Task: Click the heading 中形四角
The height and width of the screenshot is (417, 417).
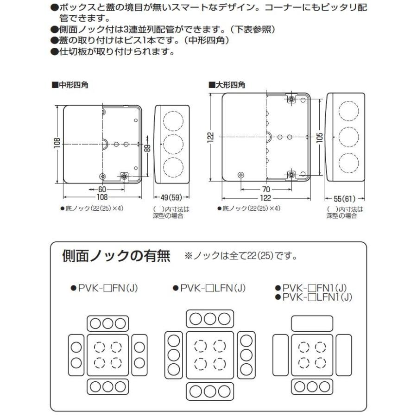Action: (72, 85)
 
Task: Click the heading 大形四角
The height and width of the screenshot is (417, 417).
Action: (229, 85)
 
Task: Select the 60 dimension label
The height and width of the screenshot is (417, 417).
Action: (101, 189)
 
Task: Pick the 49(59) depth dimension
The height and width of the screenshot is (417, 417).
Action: (171, 196)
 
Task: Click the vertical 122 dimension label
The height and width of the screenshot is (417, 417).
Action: (211, 138)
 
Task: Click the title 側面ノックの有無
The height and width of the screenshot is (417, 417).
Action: (116, 256)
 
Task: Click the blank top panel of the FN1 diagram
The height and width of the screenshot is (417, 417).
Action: (312, 323)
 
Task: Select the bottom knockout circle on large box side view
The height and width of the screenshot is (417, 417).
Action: (348, 163)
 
